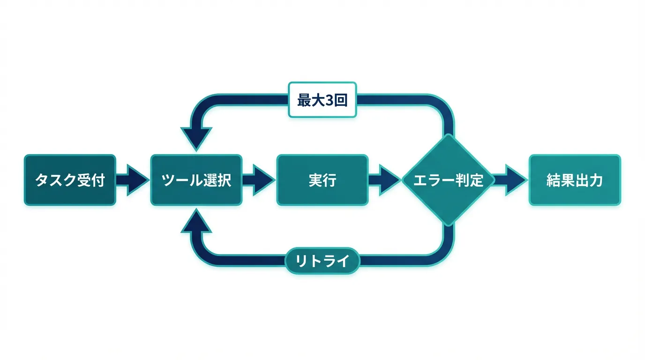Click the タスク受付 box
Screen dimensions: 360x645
click(x=70, y=180)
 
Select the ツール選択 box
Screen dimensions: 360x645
click(x=196, y=180)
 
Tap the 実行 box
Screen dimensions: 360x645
click(x=322, y=180)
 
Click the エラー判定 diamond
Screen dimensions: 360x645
click(x=449, y=180)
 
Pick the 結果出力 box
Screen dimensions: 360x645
click(x=575, y=180)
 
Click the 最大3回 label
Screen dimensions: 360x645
click(x=322, y=100)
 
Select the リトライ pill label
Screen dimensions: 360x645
click(x=322, y=261)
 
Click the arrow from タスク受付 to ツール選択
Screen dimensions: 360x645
click(x=133, y=180)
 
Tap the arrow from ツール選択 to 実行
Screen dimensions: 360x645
click(x=259, y=180)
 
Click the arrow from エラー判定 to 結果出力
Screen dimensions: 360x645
click(x=511, y=180)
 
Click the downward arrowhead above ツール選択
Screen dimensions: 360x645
click(x=196, y=138)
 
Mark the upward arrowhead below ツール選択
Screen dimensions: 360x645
click(x=196, y=221)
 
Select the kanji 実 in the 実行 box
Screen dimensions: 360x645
click(x=315, y=180)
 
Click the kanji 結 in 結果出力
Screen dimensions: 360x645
click(x=554, y=180)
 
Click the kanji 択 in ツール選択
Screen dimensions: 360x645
click(x=224, y=180)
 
